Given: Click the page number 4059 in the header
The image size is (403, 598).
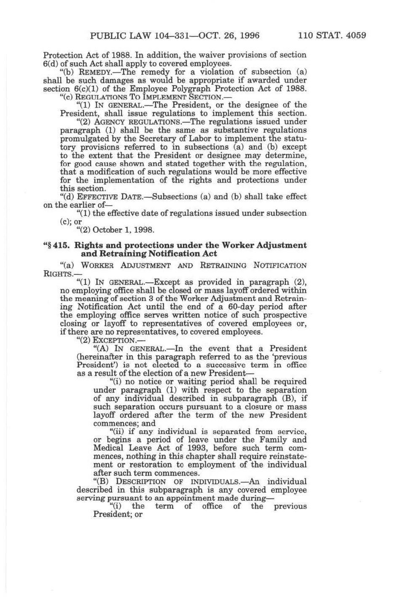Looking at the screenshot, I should pyautogui.click(x=355, y=35).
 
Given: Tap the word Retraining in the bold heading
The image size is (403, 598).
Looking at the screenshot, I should pyautogui.click(x=120, y=254).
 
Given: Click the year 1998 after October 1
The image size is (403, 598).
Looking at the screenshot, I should pyautogui.click(x=145, y=230).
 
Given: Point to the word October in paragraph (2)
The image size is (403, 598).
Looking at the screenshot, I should pyautogui.click(x=107, y=230).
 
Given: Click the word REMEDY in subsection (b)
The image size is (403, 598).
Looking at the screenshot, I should pyautogui.click(x=96, y=72).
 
